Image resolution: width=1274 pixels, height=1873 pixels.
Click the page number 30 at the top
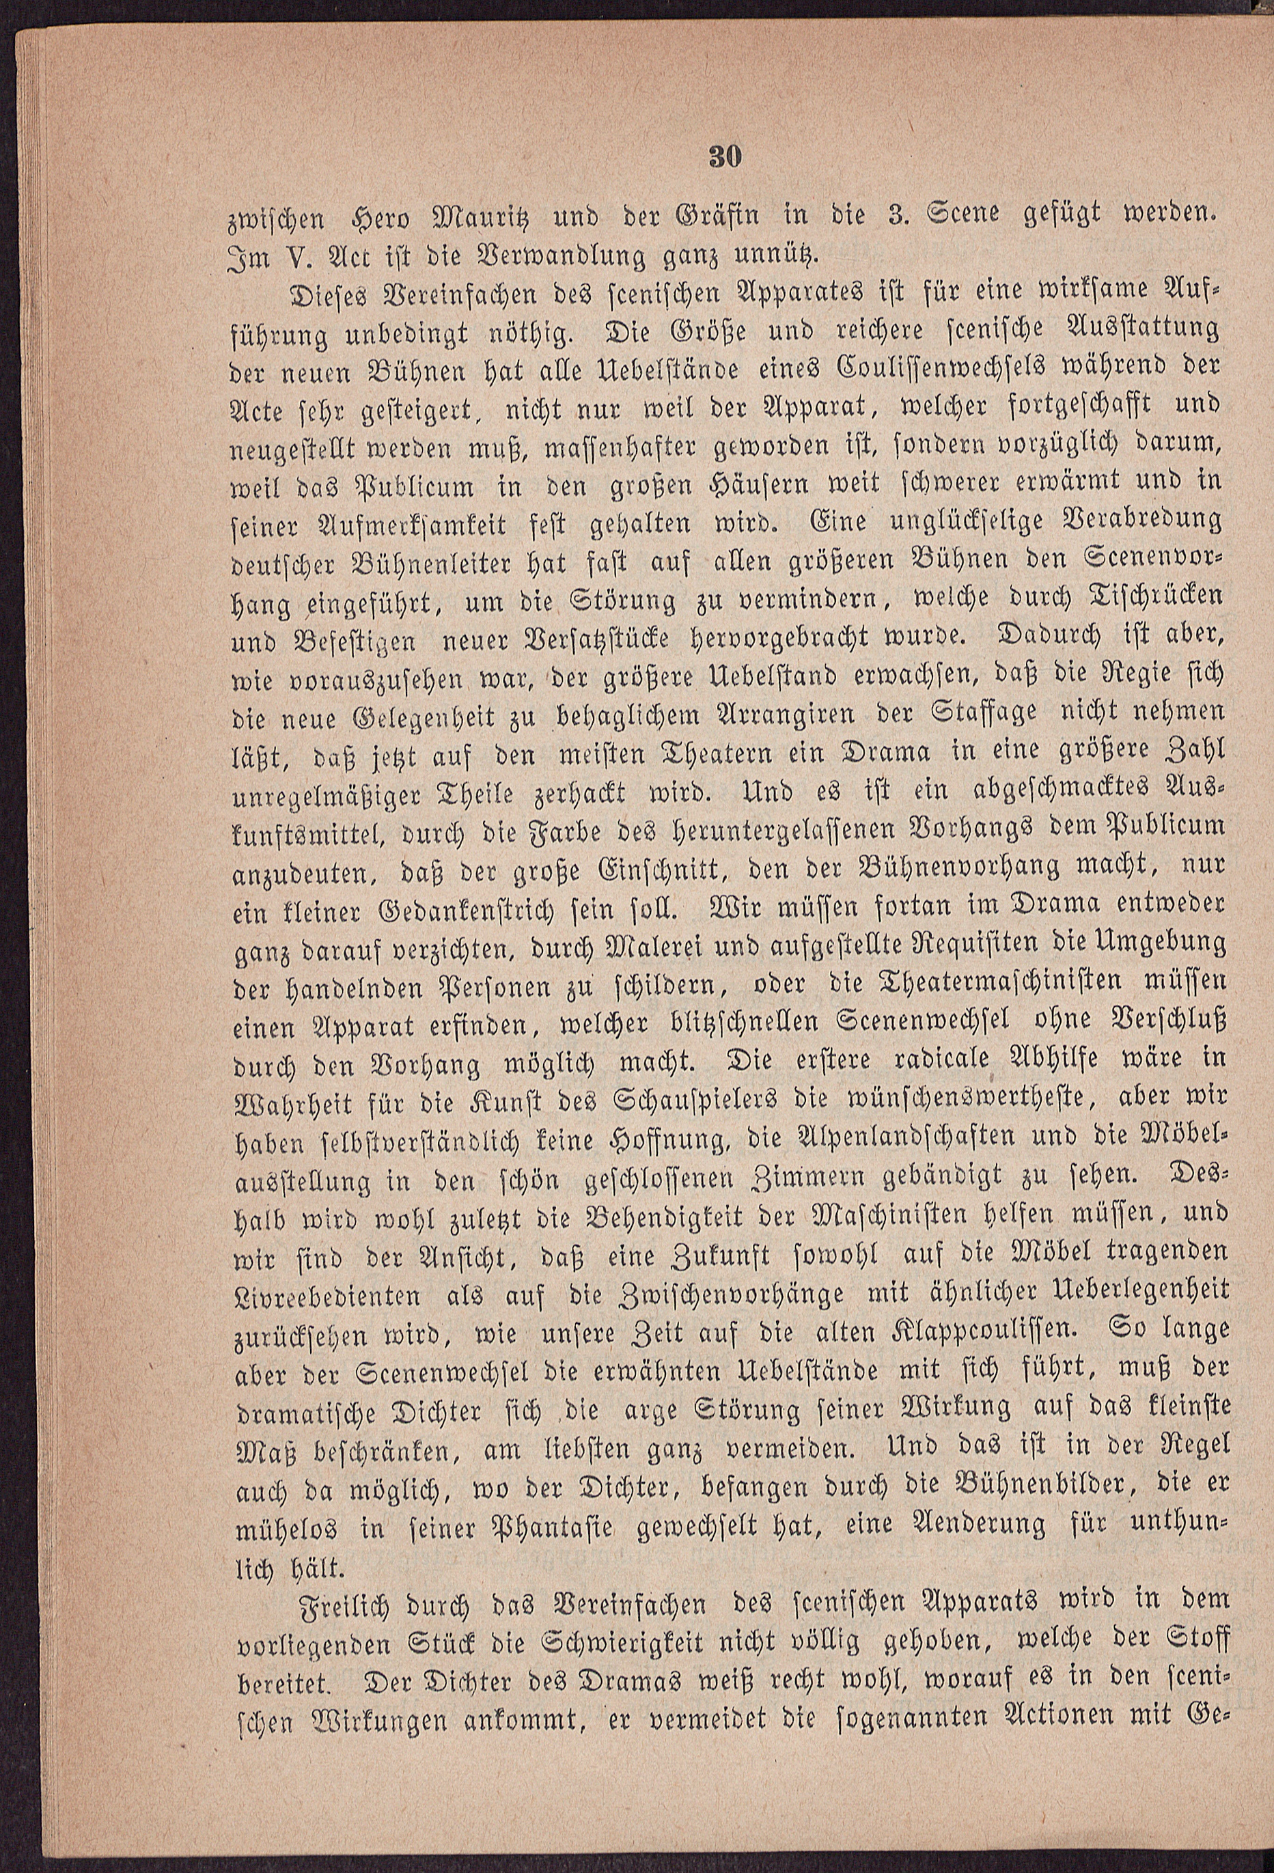pos(723,158)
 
